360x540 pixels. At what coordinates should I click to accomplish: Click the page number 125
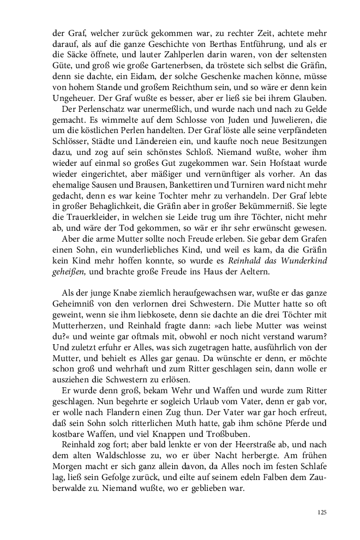coord(321,513)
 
